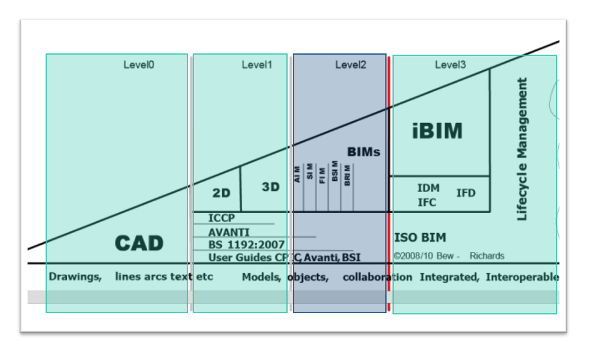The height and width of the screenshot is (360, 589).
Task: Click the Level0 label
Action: (139, 64)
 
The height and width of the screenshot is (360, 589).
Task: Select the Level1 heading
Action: (257, 64)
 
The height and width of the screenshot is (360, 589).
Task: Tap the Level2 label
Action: (351, 64)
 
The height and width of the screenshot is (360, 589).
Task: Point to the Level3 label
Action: (450, 64)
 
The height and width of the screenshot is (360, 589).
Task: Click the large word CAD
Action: (139, 243)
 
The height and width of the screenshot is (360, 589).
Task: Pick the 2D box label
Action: (222, 193)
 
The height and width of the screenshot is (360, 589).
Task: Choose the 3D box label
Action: (271, 187)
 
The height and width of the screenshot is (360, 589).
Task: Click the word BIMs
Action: (363, 152)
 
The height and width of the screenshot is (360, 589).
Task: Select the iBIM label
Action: (437, 131)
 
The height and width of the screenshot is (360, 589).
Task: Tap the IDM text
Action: (428, 188)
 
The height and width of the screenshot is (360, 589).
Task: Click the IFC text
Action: (427, 202)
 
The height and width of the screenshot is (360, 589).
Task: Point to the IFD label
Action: (466, 193)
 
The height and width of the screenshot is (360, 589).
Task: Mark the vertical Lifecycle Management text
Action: (522, 150)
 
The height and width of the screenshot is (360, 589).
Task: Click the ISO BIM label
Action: (420, 238)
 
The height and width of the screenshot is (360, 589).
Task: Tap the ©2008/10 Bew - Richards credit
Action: (449, 256)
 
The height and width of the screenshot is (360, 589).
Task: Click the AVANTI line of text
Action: (228, 232)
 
